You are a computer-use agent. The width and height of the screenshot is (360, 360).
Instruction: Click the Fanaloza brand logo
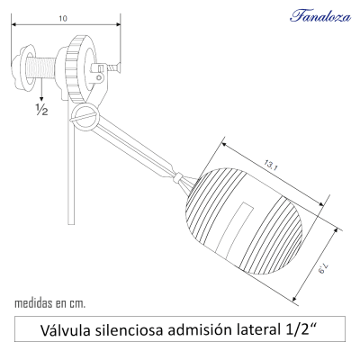pyautogui.click(x=314, y=15)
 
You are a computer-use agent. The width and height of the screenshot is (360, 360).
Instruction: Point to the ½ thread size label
pyautogui.click(x=41, y=110)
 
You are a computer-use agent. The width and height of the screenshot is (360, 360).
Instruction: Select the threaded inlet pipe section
pyautogui.click(x=41, y=67)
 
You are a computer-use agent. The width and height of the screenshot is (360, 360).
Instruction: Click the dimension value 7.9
pyautogui.click(x=328, y=262)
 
